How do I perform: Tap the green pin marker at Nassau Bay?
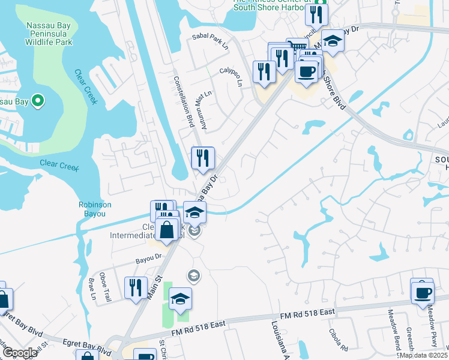click(37, 101)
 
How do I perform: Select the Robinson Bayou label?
click(95, 209)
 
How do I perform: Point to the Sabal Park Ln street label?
click(211, 41)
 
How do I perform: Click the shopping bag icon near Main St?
click(166, 229)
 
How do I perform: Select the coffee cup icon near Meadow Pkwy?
click(423, 292)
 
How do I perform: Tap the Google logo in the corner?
click(19, 353)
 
